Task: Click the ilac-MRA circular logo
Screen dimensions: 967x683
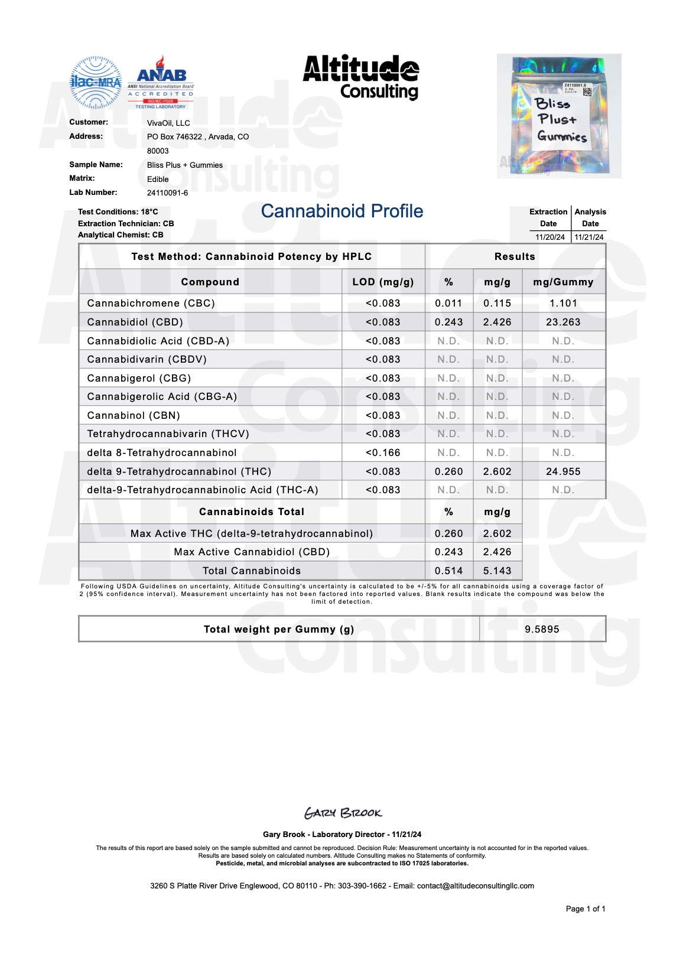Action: pos(95,82)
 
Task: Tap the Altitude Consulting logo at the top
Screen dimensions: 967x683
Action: pos(361,77)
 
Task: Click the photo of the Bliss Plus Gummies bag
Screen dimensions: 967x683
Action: pos(558,116)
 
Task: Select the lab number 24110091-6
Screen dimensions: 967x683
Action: pos(167,193)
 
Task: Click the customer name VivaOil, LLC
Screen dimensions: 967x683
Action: pos(168,123)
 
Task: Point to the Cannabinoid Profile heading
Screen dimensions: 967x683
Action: pos(341,211)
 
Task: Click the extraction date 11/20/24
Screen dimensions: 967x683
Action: pos(550,237)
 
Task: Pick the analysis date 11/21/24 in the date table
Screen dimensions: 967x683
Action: pos(589,237)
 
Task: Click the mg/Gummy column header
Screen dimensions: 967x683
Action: pos(563,282)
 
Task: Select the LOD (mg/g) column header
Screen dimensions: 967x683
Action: pos(383,282)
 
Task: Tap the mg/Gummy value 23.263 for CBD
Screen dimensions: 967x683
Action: pos(563,322)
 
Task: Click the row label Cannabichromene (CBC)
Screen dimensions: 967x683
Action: pos(151,303)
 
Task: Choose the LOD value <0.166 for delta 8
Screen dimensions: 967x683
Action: pos(383,452)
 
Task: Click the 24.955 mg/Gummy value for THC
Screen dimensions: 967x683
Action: pos(563,471)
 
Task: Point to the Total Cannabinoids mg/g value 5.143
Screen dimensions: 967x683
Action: pos(497,571)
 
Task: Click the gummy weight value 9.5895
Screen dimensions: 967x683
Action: pos(542,629)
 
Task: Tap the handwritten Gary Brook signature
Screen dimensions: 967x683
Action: pos(343,813)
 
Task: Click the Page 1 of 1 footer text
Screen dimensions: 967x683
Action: pos(585,909)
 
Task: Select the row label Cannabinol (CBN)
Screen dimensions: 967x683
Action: pos(134,415)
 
